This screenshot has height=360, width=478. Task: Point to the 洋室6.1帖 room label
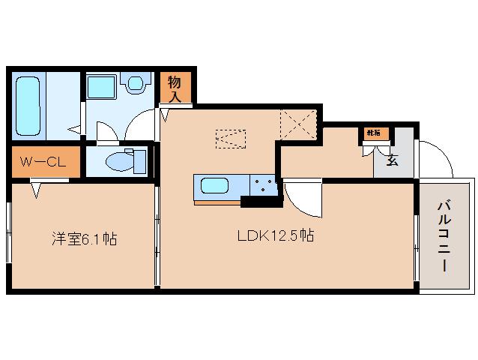tap(84, 240)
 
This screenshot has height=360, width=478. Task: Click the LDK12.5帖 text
tap(275, 235)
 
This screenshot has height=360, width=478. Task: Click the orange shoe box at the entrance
tap(373, 133)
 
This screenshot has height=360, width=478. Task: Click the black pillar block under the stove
tap(259, 200)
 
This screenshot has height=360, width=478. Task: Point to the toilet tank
tap(139, 160)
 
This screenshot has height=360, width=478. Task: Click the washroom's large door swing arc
tap(139, 122)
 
